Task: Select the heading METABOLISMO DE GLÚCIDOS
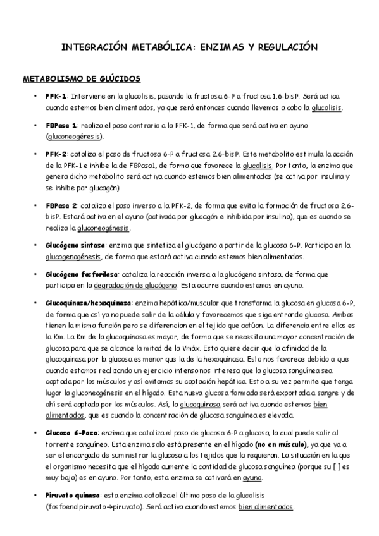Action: (x=82, y=79)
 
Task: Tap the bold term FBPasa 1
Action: (x=61, y=125)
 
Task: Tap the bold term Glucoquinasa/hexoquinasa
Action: (x=89, y=303)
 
